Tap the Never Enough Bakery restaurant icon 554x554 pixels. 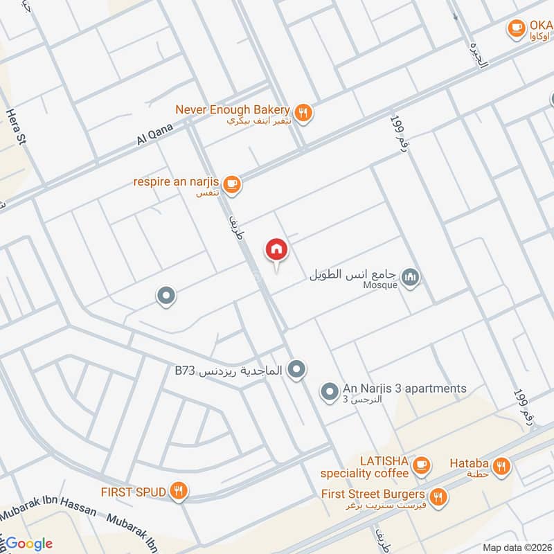[303, 111]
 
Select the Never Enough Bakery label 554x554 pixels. [231, 109]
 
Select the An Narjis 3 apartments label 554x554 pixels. [404, 388]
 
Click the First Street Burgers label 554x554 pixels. [373, 494]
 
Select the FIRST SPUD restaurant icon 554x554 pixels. [179, 492]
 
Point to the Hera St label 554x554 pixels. [16, 125]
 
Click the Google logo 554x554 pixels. [30, 544]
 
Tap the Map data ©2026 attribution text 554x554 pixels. [517, 548]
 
